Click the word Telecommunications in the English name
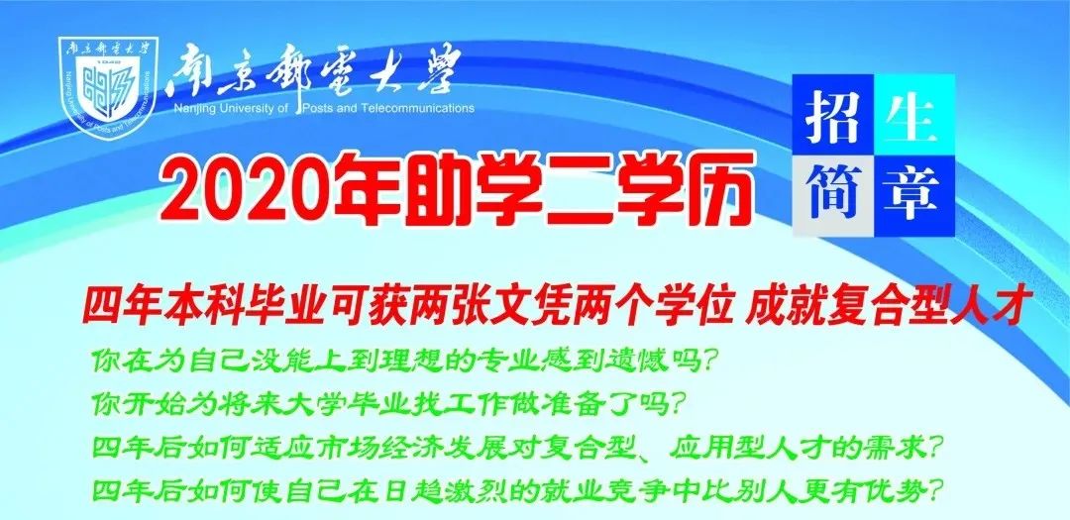point(419,108)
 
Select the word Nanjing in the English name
point(194,108)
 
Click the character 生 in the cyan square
point(912,115)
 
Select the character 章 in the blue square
point(912,192)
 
